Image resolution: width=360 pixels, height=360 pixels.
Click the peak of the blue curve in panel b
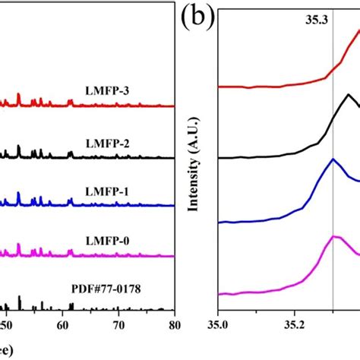coord(333,159)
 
